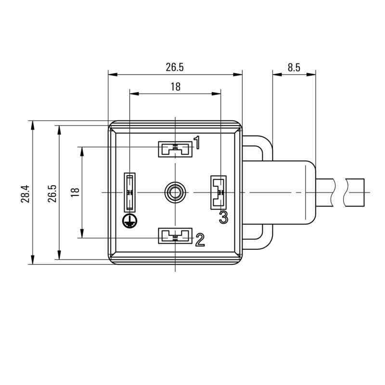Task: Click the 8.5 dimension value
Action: (294, 67)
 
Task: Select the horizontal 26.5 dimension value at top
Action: (175, 67)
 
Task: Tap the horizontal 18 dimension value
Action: (175, 87)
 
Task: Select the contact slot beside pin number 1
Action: (175, 149)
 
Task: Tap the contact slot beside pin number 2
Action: (175, 235)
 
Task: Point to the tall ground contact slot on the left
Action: (129, 192)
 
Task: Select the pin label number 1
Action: (197, 142)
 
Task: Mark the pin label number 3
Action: (223, 217)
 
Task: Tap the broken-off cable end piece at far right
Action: (355, 192)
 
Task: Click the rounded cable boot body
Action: (294, 192)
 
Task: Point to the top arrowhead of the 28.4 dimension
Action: (33, 124)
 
